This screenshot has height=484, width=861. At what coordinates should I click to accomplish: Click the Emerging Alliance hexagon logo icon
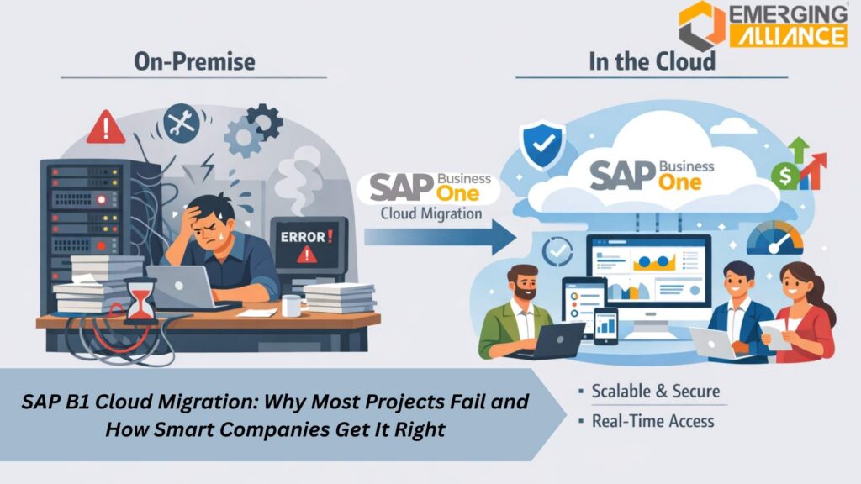700,24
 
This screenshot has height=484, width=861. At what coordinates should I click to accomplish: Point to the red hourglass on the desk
140,300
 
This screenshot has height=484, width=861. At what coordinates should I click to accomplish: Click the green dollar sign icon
784,176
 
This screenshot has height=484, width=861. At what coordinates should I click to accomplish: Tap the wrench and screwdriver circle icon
182,123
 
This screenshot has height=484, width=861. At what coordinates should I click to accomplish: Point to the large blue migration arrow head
503,238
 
